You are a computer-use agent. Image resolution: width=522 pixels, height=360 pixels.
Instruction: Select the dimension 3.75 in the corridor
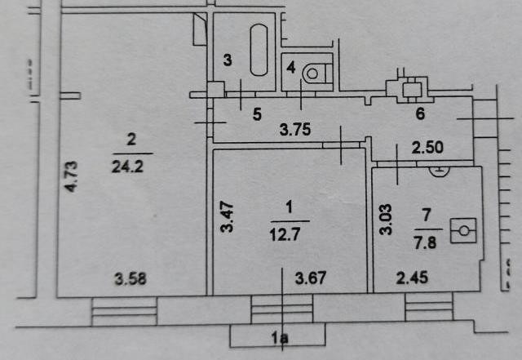(x=294, y=129)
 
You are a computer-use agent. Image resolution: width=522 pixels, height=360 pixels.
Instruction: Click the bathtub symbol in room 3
(x=259, y=50)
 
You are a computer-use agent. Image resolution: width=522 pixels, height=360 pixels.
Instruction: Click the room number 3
(x=228, y=60)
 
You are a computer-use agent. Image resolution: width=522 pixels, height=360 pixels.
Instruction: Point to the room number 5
(x=257, y=115)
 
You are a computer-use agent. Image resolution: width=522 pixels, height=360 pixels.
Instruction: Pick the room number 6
(x=421, y=114)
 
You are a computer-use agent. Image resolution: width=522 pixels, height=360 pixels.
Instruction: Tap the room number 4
(x=291, y=68)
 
